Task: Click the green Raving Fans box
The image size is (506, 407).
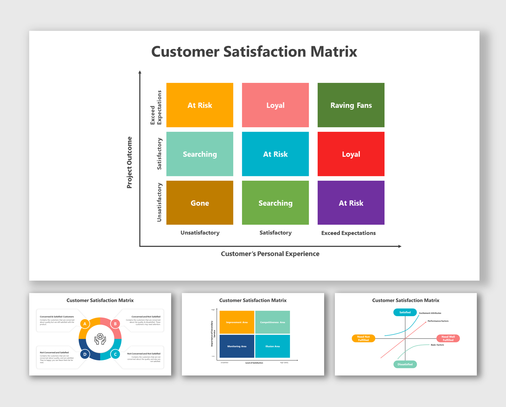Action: pos(351,105)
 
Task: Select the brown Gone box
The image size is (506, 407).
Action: pos(200,203)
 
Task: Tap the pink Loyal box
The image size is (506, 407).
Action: pos(275,105)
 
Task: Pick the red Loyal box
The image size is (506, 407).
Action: pos(351,154)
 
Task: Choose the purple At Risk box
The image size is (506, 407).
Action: pos(351,203)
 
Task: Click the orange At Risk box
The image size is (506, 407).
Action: pos(200,105)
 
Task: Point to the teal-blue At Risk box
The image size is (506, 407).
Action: pos(275,154)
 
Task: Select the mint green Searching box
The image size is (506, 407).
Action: pos(200,154)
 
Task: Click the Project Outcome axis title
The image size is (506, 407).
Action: pos(130,163)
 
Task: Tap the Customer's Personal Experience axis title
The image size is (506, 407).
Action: pos(270,254)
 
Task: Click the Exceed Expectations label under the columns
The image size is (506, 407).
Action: pos(348,233)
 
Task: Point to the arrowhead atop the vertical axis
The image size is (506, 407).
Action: pos(140,72)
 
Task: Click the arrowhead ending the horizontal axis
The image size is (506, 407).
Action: pos(400,246)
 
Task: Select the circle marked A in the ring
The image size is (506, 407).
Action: pos(85,324)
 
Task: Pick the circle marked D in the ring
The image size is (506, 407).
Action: pos(85,354)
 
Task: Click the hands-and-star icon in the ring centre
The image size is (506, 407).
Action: pos(100,339)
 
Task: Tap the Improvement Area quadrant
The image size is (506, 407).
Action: pos(237,322)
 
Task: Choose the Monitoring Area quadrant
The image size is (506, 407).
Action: pos(237,346)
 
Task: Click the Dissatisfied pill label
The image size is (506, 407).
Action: pos(405,364)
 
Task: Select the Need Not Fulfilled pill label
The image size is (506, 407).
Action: pos(363,339)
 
